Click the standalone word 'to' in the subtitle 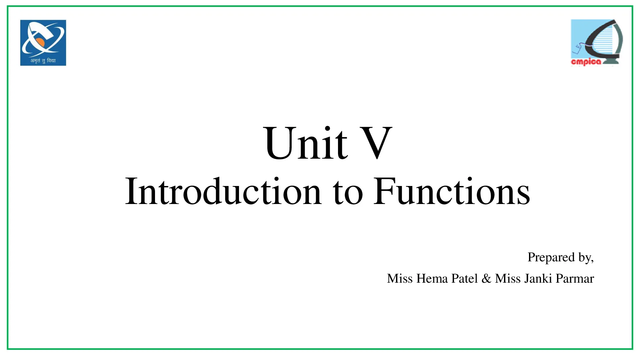click(348, 193)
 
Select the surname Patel click(465, 278)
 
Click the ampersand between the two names click(486, 278)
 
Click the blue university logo click(43, 43)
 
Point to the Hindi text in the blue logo click(43, 60)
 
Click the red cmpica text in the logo click(586, 62)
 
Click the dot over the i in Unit click(328, 129)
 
